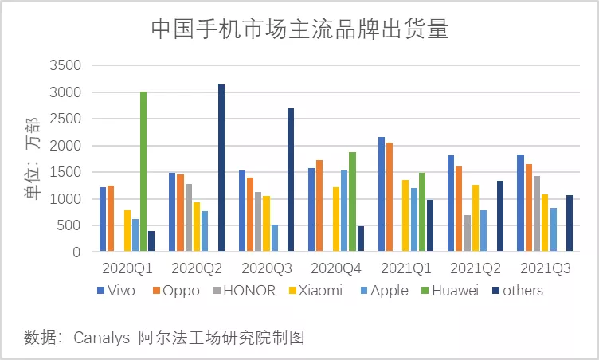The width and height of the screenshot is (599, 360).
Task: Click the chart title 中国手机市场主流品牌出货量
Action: (x=299, y=29)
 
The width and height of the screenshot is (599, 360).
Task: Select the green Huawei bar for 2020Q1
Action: (x=143, y=172)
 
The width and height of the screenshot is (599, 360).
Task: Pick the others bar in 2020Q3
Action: (x=291, y=180)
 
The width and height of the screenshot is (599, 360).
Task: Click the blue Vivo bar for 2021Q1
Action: (x=382, y=194)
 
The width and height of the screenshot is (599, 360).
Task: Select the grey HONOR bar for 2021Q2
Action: (x=468, y=233)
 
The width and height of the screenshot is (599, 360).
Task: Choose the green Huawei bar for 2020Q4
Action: (x=352, y=202)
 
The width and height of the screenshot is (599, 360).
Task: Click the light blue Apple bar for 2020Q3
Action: (x=275, y=238)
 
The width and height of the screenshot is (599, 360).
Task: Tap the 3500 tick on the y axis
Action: (x=65, y=65)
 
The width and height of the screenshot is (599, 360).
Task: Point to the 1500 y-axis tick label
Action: (x=65, y=172)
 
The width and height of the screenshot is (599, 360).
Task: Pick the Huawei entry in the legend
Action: (x=454, y=291)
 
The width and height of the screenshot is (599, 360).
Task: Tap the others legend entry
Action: (x=522, y=291)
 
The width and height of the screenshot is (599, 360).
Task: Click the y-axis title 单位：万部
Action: (x=33, y=158)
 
